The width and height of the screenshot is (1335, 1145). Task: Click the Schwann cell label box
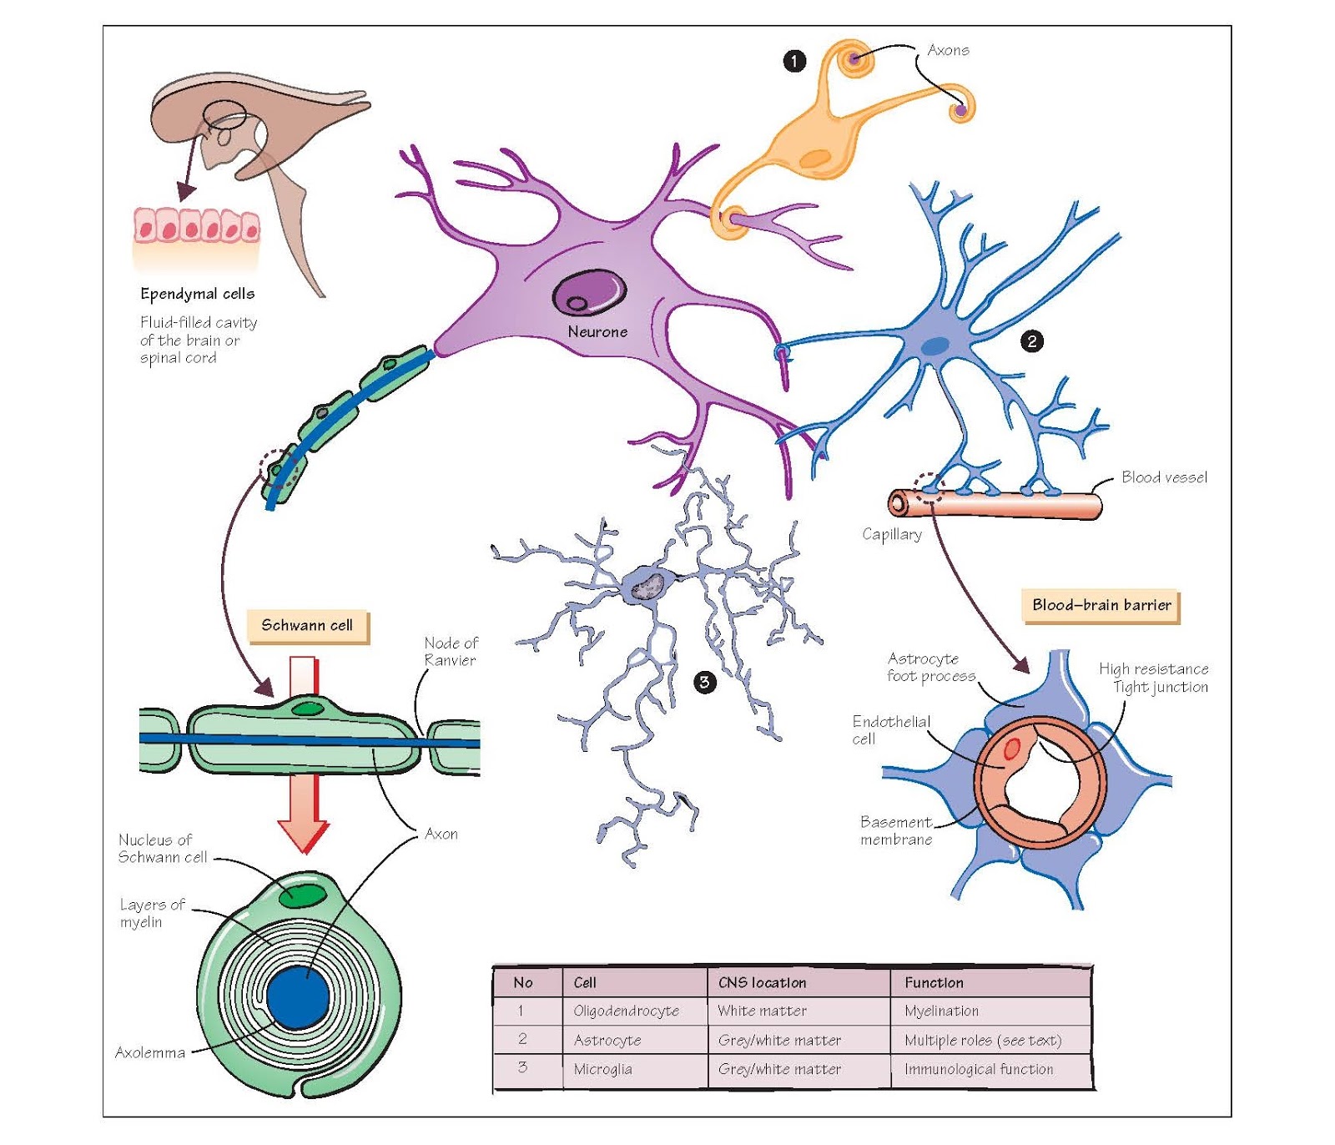[x=307, y=625]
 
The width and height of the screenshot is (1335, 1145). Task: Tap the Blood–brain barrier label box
[x=1101, y=605]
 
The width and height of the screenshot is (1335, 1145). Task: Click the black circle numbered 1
[x=794, y=61]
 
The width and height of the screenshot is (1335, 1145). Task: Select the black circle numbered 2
[x=1032, y=340]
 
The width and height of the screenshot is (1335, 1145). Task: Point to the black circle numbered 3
[x=704, y=682]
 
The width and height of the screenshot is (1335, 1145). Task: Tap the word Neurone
[x=597, y=331]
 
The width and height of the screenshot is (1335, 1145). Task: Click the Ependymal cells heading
[x=197, y=294]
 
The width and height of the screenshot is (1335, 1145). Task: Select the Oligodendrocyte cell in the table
[x=626, y=1011]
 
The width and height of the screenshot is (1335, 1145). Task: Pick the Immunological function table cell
[x=978, y=1069]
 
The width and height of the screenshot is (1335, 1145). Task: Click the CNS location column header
[x=762, y=982]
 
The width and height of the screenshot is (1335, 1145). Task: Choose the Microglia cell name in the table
[x=602, y=1069]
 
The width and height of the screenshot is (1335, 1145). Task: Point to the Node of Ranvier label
[x=451, y=651]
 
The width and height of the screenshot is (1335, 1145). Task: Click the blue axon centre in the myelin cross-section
[x=299, y=998]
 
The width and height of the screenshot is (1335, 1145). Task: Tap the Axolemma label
[x=150, y=1052]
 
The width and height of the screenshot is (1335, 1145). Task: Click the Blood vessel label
[x=1164, y=477]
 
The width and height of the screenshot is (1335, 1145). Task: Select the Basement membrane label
[x=896, y=830]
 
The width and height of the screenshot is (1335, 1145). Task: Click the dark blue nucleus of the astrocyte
[x=936, y=346]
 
